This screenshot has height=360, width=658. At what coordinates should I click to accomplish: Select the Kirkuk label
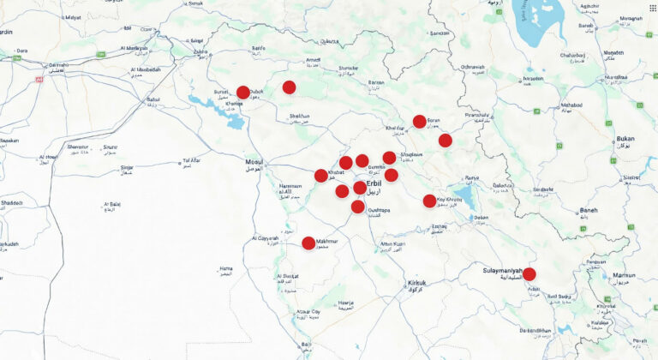coord(417,284)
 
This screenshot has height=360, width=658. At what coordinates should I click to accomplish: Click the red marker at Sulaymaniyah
coord(529,274)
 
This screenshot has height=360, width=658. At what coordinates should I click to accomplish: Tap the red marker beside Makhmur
coord(308,243)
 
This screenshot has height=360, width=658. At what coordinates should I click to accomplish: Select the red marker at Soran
coord(419,122)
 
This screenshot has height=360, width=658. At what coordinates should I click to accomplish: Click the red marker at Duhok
coord(243,93)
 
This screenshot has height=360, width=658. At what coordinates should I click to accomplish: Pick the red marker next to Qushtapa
coord(358,207)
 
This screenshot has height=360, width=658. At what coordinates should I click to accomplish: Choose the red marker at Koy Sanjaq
coord(429,201)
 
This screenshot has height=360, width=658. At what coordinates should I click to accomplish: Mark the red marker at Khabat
coord(321,176)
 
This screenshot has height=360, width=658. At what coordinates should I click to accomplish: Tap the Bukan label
coord(625,140)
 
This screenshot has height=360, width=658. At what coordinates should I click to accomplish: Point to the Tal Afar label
coord(193,160)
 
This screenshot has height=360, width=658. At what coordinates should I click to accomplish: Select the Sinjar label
coord(127,168)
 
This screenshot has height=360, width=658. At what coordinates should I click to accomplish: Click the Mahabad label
coord(571,105)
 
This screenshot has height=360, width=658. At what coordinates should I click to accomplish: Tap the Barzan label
coord(376,82)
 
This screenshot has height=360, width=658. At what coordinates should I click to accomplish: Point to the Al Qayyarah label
coord(266,238)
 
